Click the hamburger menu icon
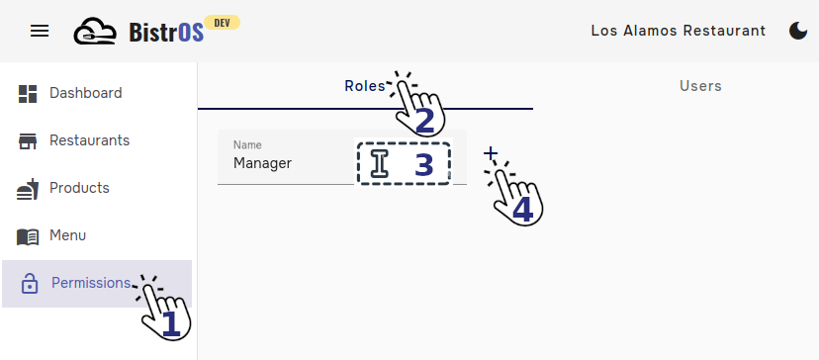click(40, 31)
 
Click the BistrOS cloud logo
click(95, 31)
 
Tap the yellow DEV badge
click(222, 22)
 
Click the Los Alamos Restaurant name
click(678, 31)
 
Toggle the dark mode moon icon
click(797, 31)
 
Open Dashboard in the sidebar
click(85, 93)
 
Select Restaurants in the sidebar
click(89, 140)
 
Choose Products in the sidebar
click(79, 188)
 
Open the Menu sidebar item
click(67, 235)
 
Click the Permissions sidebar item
click(90, 283)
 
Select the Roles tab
click(364, 86)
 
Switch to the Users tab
click(700, 86)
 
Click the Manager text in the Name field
click(262, 163)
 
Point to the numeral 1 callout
click(170, 323)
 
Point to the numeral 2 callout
click(424, 121)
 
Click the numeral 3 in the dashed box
click(423, 165)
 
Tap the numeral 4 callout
click(521, 209)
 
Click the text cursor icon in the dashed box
click(379, 164)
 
